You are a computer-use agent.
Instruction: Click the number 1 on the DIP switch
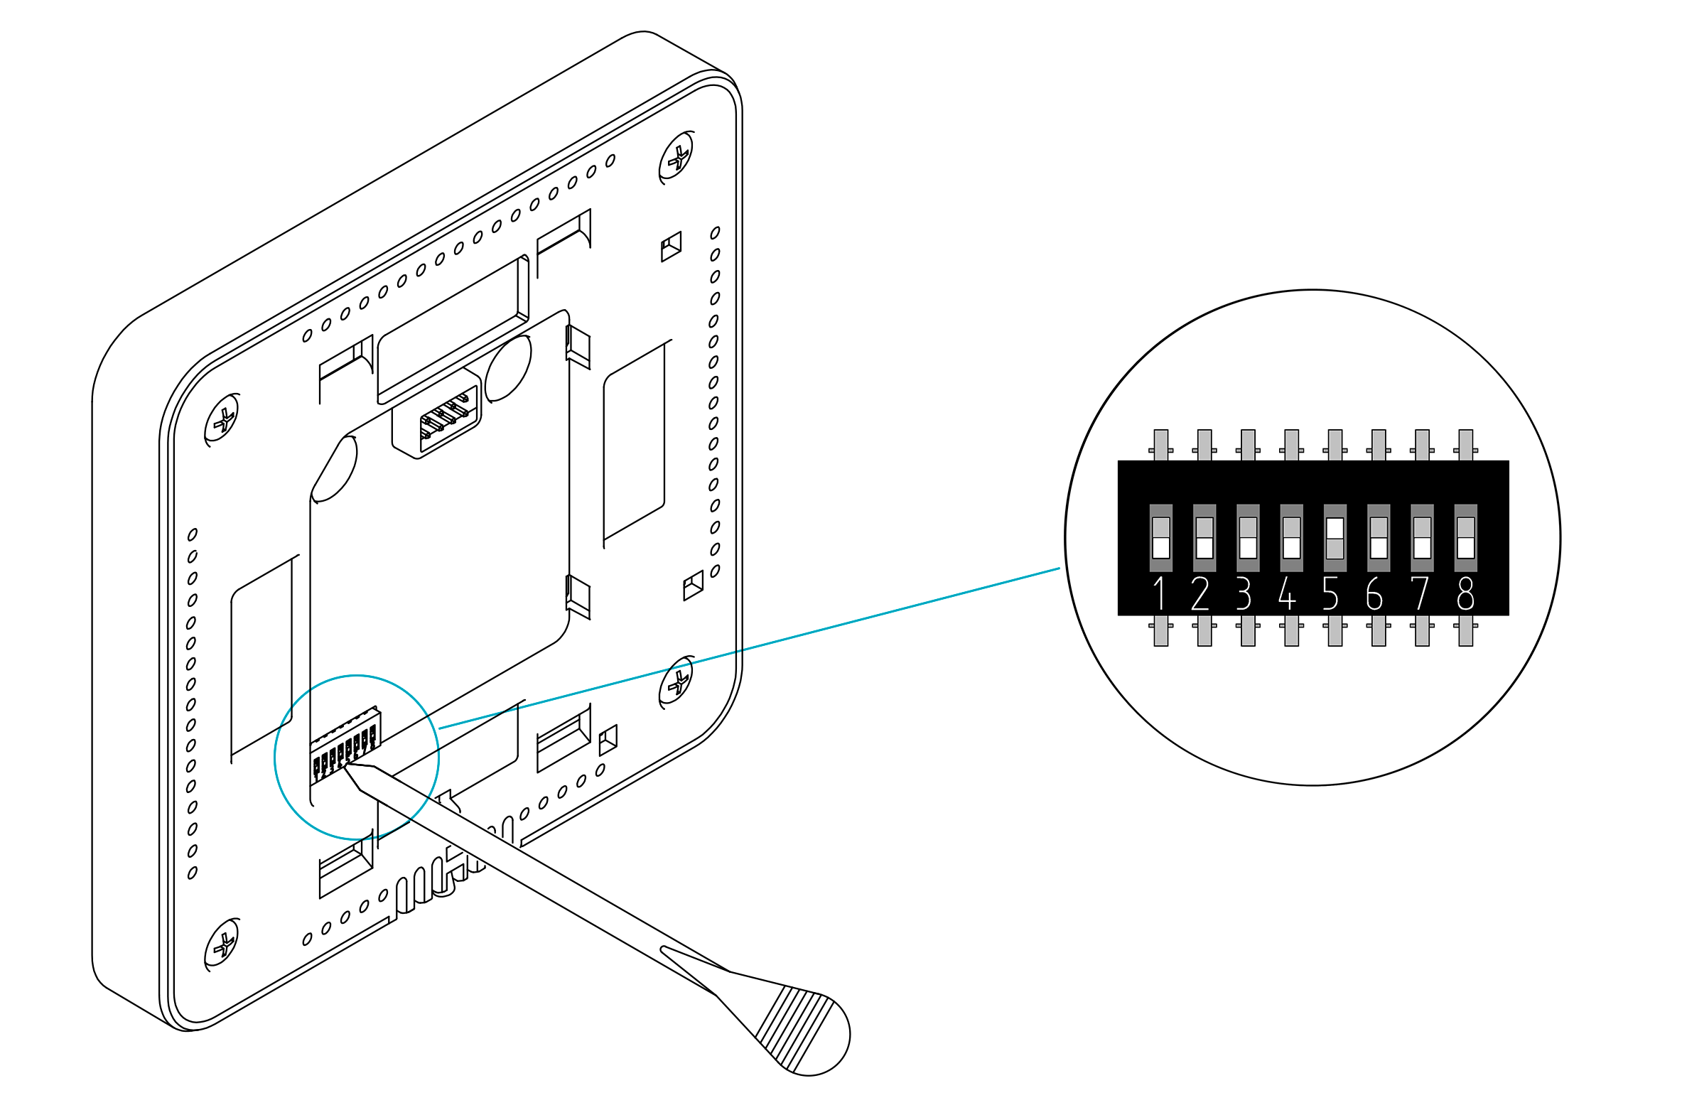point(1160,593)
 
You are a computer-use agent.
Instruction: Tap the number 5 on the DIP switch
point(1330,593)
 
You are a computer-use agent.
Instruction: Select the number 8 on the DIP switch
point(1465,593)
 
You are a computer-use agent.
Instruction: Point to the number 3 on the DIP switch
point(1244,593)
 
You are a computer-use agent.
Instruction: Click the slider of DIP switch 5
point(1335,529)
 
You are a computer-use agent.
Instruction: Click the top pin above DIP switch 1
point(1161,444)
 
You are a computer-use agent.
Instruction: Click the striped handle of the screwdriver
point(803,1030)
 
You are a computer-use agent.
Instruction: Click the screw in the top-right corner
point(677,157)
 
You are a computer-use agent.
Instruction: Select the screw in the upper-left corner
point(222,419)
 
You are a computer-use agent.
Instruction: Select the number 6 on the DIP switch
point(1374,593)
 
